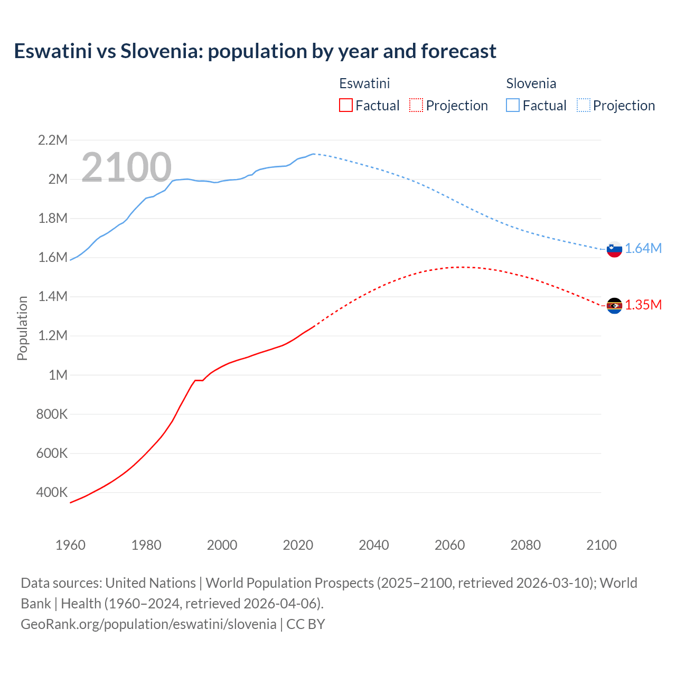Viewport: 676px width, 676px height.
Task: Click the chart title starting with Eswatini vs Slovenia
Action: click(255, 51)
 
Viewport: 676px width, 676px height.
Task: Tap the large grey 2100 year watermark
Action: click(126, 167)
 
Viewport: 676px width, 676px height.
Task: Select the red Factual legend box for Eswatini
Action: click(346, 105)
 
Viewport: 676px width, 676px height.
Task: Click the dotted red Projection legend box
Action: click(416, 105)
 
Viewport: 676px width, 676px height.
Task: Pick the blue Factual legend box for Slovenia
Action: click(513, 105)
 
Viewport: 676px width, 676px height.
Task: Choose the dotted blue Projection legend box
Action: click(583, 105)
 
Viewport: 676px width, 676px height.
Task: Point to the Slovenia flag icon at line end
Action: click(614, 249)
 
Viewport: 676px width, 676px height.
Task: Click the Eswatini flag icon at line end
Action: click(614, 305)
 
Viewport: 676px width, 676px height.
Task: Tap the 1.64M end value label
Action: click(643, 249)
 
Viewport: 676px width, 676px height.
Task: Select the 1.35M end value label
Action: click(643, 305)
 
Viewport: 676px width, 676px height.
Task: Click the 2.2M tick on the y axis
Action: click(53, 140)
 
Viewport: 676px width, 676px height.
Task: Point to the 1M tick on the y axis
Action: click(58, 375)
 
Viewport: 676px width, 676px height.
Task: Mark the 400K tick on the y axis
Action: click(52, 493)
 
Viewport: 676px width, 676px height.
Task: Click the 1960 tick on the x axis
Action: click(70, 545)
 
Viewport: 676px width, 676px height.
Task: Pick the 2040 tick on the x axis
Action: click(374, 545)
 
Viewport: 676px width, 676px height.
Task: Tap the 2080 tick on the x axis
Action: click(525, 545)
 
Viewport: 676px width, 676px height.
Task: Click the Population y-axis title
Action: click(22, 328)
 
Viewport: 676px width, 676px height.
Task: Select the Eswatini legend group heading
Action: click(364, 83)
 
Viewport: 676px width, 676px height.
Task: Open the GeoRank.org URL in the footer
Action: click(148, 624)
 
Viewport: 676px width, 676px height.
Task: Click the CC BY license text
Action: click(306, 624)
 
